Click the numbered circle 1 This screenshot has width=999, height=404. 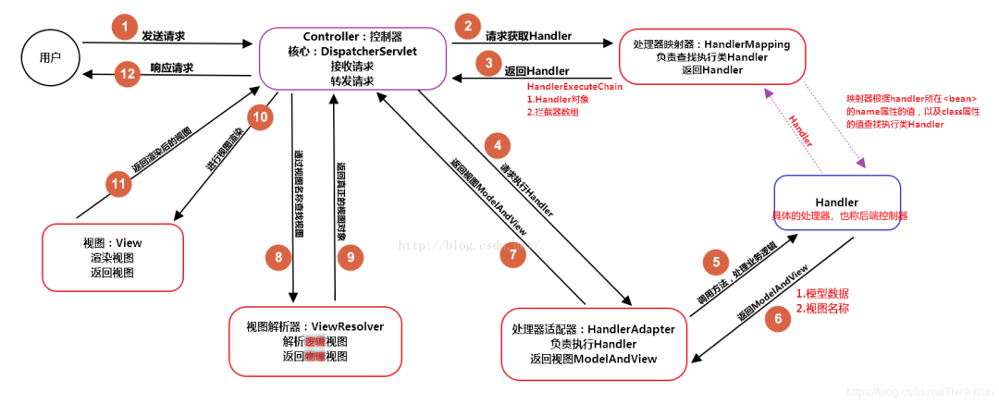click(123, 27)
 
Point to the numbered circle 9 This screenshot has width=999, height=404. click(351, 257)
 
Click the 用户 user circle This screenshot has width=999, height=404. click(50, 57)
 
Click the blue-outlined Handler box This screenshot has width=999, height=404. click(836, 208)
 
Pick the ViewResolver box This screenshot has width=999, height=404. click(314, 341)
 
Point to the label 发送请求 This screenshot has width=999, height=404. click(163, 35)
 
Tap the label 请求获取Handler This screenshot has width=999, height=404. click(528, 36)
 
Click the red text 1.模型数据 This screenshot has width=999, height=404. click(822, 293)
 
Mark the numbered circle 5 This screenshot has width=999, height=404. click(714, 261)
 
